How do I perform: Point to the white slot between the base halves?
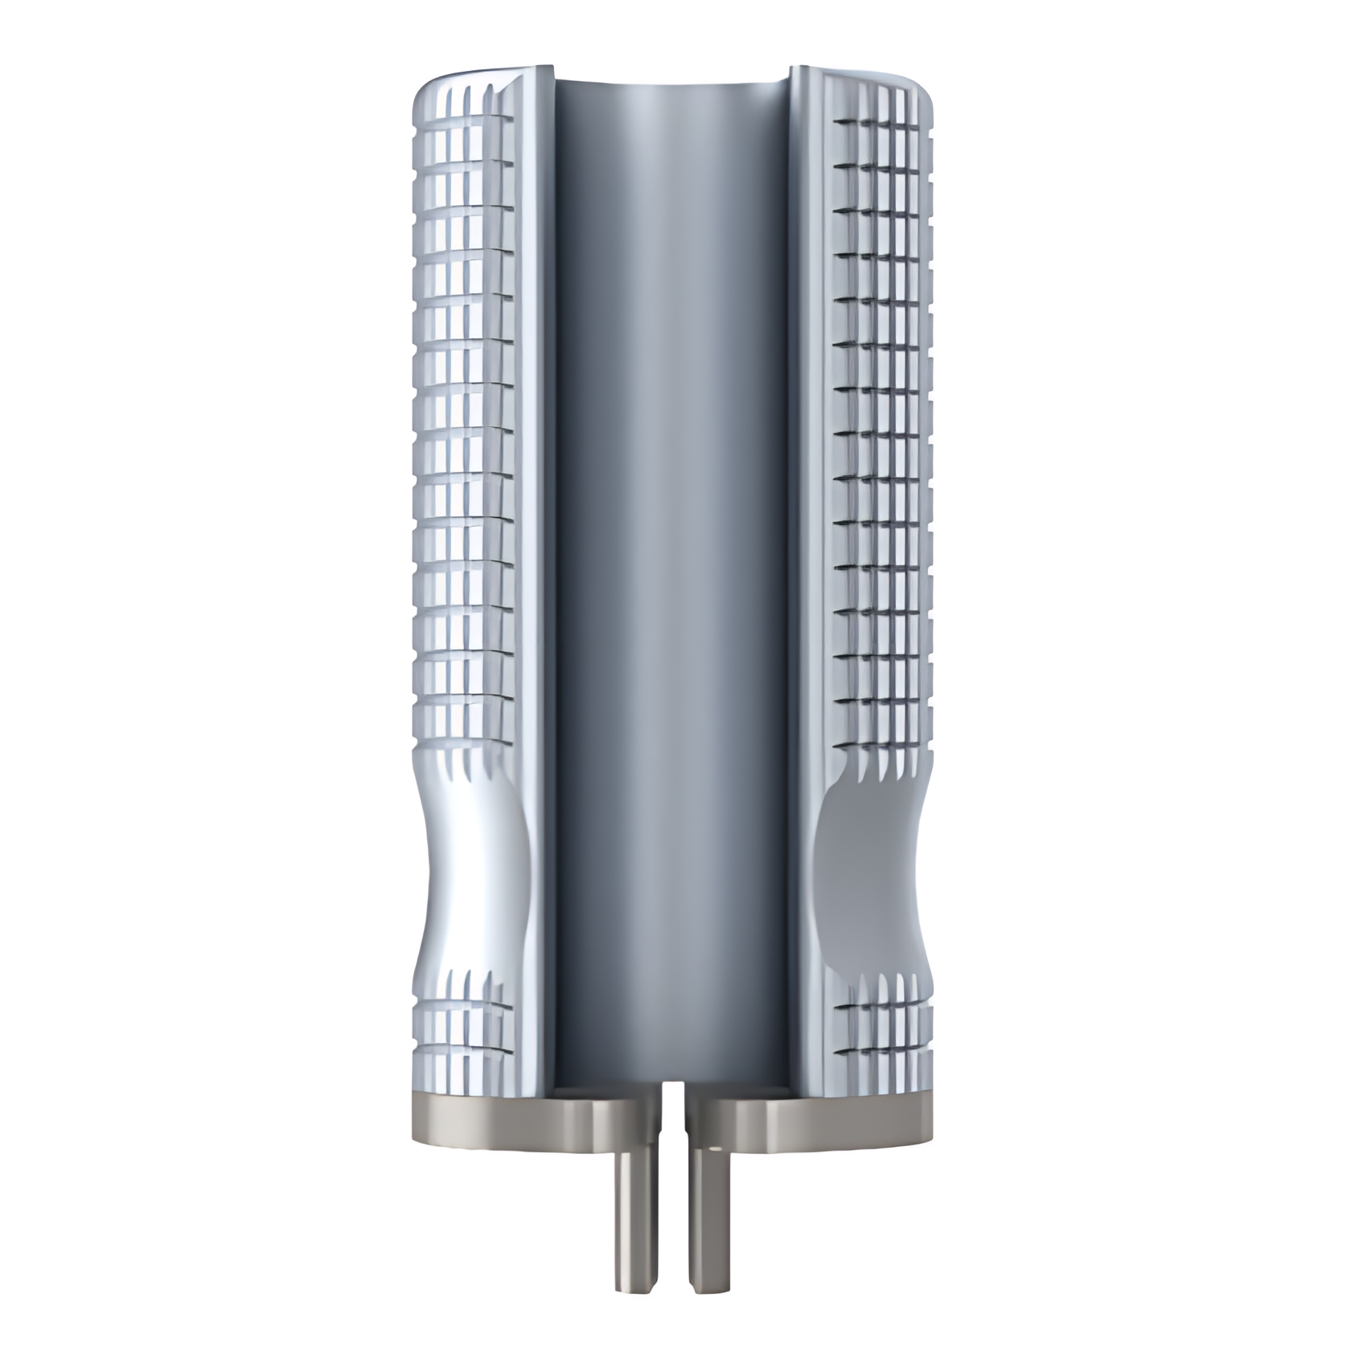[670, 1126]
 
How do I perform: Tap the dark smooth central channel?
[671, 563]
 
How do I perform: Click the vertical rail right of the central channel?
[804, 563]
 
